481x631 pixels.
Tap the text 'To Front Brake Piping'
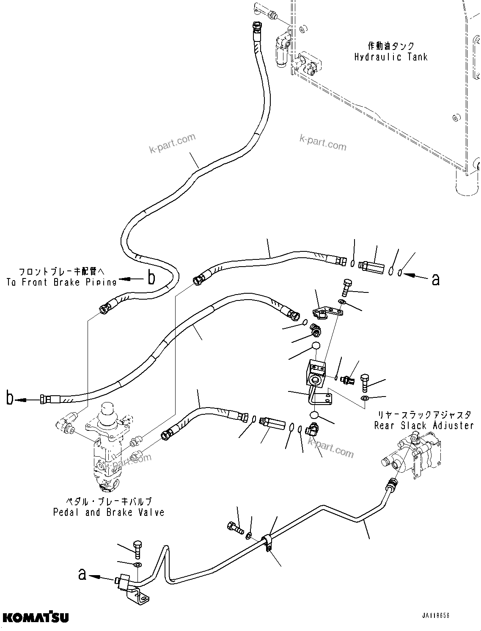point(61,282)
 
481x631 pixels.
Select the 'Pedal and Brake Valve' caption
point(109,513)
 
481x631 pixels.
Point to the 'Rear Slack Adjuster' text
point(423,425)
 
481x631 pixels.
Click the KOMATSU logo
point(35,617)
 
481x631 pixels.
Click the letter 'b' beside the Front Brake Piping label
point(151,278)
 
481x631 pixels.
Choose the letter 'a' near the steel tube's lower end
point(82,574)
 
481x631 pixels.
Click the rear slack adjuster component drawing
point(412,455)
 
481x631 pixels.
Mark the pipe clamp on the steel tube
point(267,543)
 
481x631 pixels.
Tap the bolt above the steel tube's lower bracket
point(138,550)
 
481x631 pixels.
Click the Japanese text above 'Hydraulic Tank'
point(390,46)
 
